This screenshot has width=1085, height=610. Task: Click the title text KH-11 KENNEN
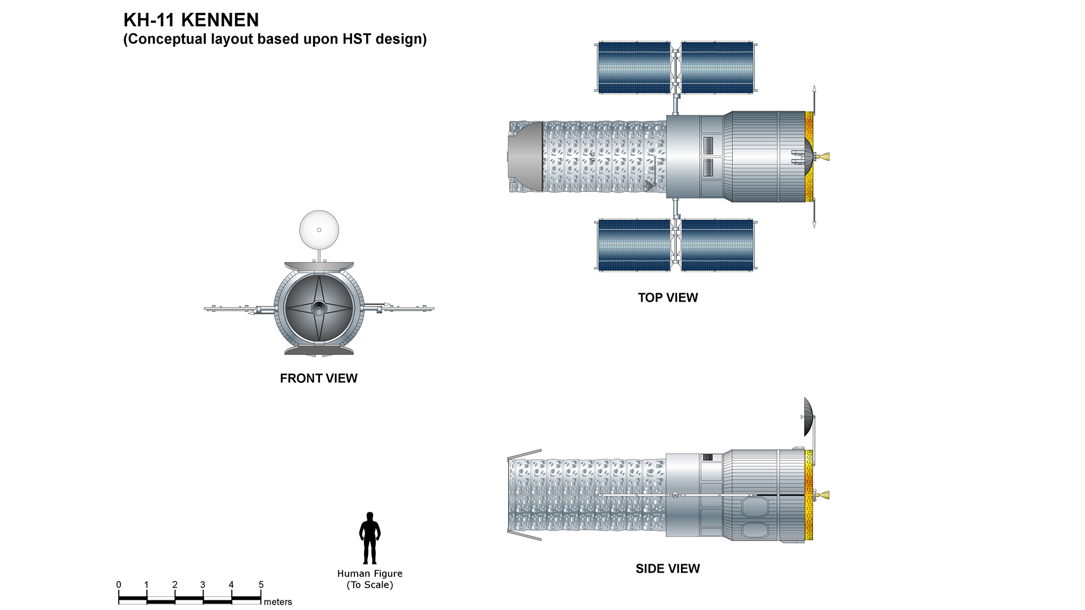191,20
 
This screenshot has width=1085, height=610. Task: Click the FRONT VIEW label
319,378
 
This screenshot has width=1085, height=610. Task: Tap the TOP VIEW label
667,298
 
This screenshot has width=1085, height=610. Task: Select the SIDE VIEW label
667,569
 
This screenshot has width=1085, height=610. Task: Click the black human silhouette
370,538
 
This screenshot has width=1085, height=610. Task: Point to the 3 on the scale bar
202,585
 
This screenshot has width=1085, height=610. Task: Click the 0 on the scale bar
119,585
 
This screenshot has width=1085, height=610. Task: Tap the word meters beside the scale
277,602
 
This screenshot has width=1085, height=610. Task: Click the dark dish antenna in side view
809,417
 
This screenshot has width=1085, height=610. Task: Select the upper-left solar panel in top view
634,67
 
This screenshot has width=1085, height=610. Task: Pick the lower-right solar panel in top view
717,245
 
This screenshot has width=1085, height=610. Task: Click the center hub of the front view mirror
319,308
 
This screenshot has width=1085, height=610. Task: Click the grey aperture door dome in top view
526,156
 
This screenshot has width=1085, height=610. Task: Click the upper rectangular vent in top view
709,145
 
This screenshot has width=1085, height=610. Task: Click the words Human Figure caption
370,574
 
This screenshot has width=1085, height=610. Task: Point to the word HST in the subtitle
357,39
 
